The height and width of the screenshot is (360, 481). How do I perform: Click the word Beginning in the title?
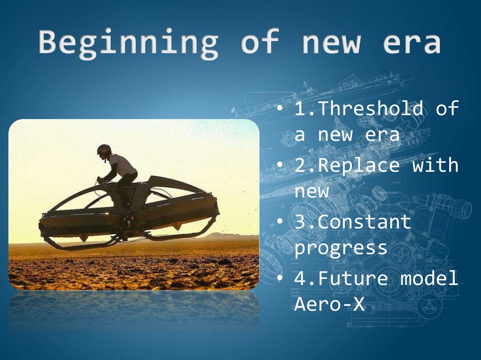click(128, 43)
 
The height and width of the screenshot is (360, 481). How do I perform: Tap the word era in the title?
click(411, 43)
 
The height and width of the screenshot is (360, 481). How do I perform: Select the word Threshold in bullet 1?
click(371, 108)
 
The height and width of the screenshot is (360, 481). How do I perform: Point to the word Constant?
click(365, 222)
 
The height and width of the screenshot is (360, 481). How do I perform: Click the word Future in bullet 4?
click(353, 278)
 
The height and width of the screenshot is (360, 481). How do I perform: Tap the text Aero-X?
click(329, 304)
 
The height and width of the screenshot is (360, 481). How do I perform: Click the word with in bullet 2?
click(435, 165)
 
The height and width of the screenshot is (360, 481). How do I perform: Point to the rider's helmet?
click(104, 149)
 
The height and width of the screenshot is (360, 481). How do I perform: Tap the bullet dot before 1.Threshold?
click(280, 108)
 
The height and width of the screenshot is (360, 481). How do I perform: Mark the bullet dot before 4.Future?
click(280, 278)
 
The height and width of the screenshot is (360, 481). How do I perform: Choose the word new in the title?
click(331, 43)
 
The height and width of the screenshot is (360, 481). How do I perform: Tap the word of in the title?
click(260, 42)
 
